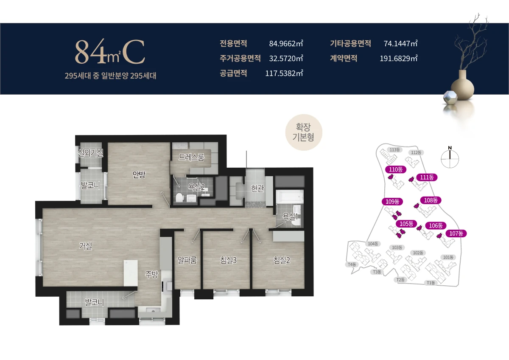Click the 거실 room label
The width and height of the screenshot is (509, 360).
click(x=85, y=246)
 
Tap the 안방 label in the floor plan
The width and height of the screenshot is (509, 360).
click(x=139, y=174)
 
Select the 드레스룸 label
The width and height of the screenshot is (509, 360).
click(x=191, y=157)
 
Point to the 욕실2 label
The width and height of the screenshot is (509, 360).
click(x=196, y=187)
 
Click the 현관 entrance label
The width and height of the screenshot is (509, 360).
click(x=257, y=188)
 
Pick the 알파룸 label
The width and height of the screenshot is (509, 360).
click(x=187, y=260)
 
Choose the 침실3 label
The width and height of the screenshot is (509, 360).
click(x=228, y=260)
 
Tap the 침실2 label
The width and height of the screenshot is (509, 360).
click(x=282, y=260)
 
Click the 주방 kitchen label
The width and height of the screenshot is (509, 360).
click(x=151, y=275)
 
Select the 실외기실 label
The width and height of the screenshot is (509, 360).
click(x=91, y=153)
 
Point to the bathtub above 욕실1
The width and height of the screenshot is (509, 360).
click(x=289, y=197)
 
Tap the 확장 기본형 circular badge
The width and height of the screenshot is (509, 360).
click(x=304, y=132)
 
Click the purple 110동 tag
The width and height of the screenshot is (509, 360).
click(x=396, y=169)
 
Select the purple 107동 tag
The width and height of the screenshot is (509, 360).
click(x=456, y=233)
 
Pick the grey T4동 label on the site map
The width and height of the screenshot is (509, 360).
click(x=352, y=264)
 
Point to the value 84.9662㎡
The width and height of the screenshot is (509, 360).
click(x=286, y=43)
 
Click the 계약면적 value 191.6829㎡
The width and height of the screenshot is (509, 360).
click(x=399, y=59)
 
